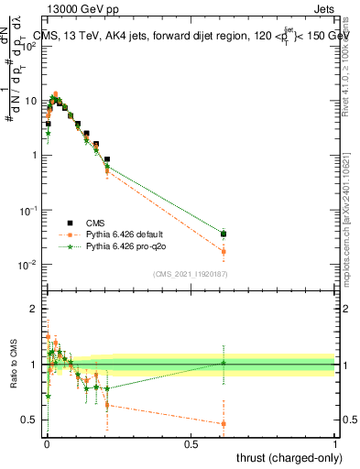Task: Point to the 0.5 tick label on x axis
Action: point(191,442)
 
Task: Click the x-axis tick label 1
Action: point(334,442)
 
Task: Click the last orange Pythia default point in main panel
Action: point(224,252)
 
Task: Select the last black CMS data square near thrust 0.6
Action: point(224,234)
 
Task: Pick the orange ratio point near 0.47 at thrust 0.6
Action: point(224,423)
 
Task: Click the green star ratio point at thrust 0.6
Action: point(224,363)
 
